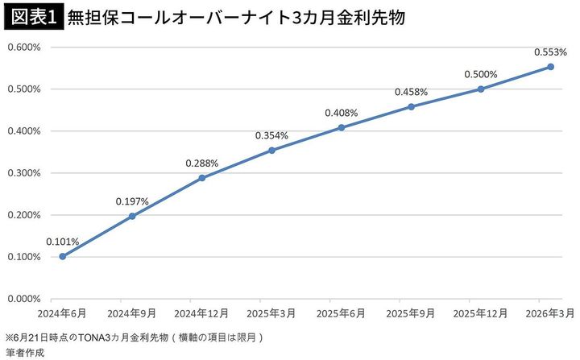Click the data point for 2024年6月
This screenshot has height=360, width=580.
tap(62, 256)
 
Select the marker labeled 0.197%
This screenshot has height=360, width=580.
tap(132, 216)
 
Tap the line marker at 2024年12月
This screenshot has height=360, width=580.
tap(201, 178)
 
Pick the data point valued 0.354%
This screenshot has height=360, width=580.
tap(271, 150)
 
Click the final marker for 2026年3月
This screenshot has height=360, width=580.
tap(551, 67)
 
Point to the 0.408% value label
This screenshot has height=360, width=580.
tap(341, 114)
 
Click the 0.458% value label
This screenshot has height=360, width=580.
tap(411, 93)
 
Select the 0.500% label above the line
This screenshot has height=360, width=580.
tap(481, 75)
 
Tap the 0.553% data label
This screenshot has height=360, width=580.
tap(550, 52)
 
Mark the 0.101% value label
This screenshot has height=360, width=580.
tap(62, 241)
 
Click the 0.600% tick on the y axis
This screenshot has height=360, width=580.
tap(25, 47)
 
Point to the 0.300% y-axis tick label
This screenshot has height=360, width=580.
tap(25, 173)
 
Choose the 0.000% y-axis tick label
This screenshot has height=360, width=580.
tap(25, 299)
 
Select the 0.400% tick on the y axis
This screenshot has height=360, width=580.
tap(25, 131)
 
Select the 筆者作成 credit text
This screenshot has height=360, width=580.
tap(25, 352)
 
